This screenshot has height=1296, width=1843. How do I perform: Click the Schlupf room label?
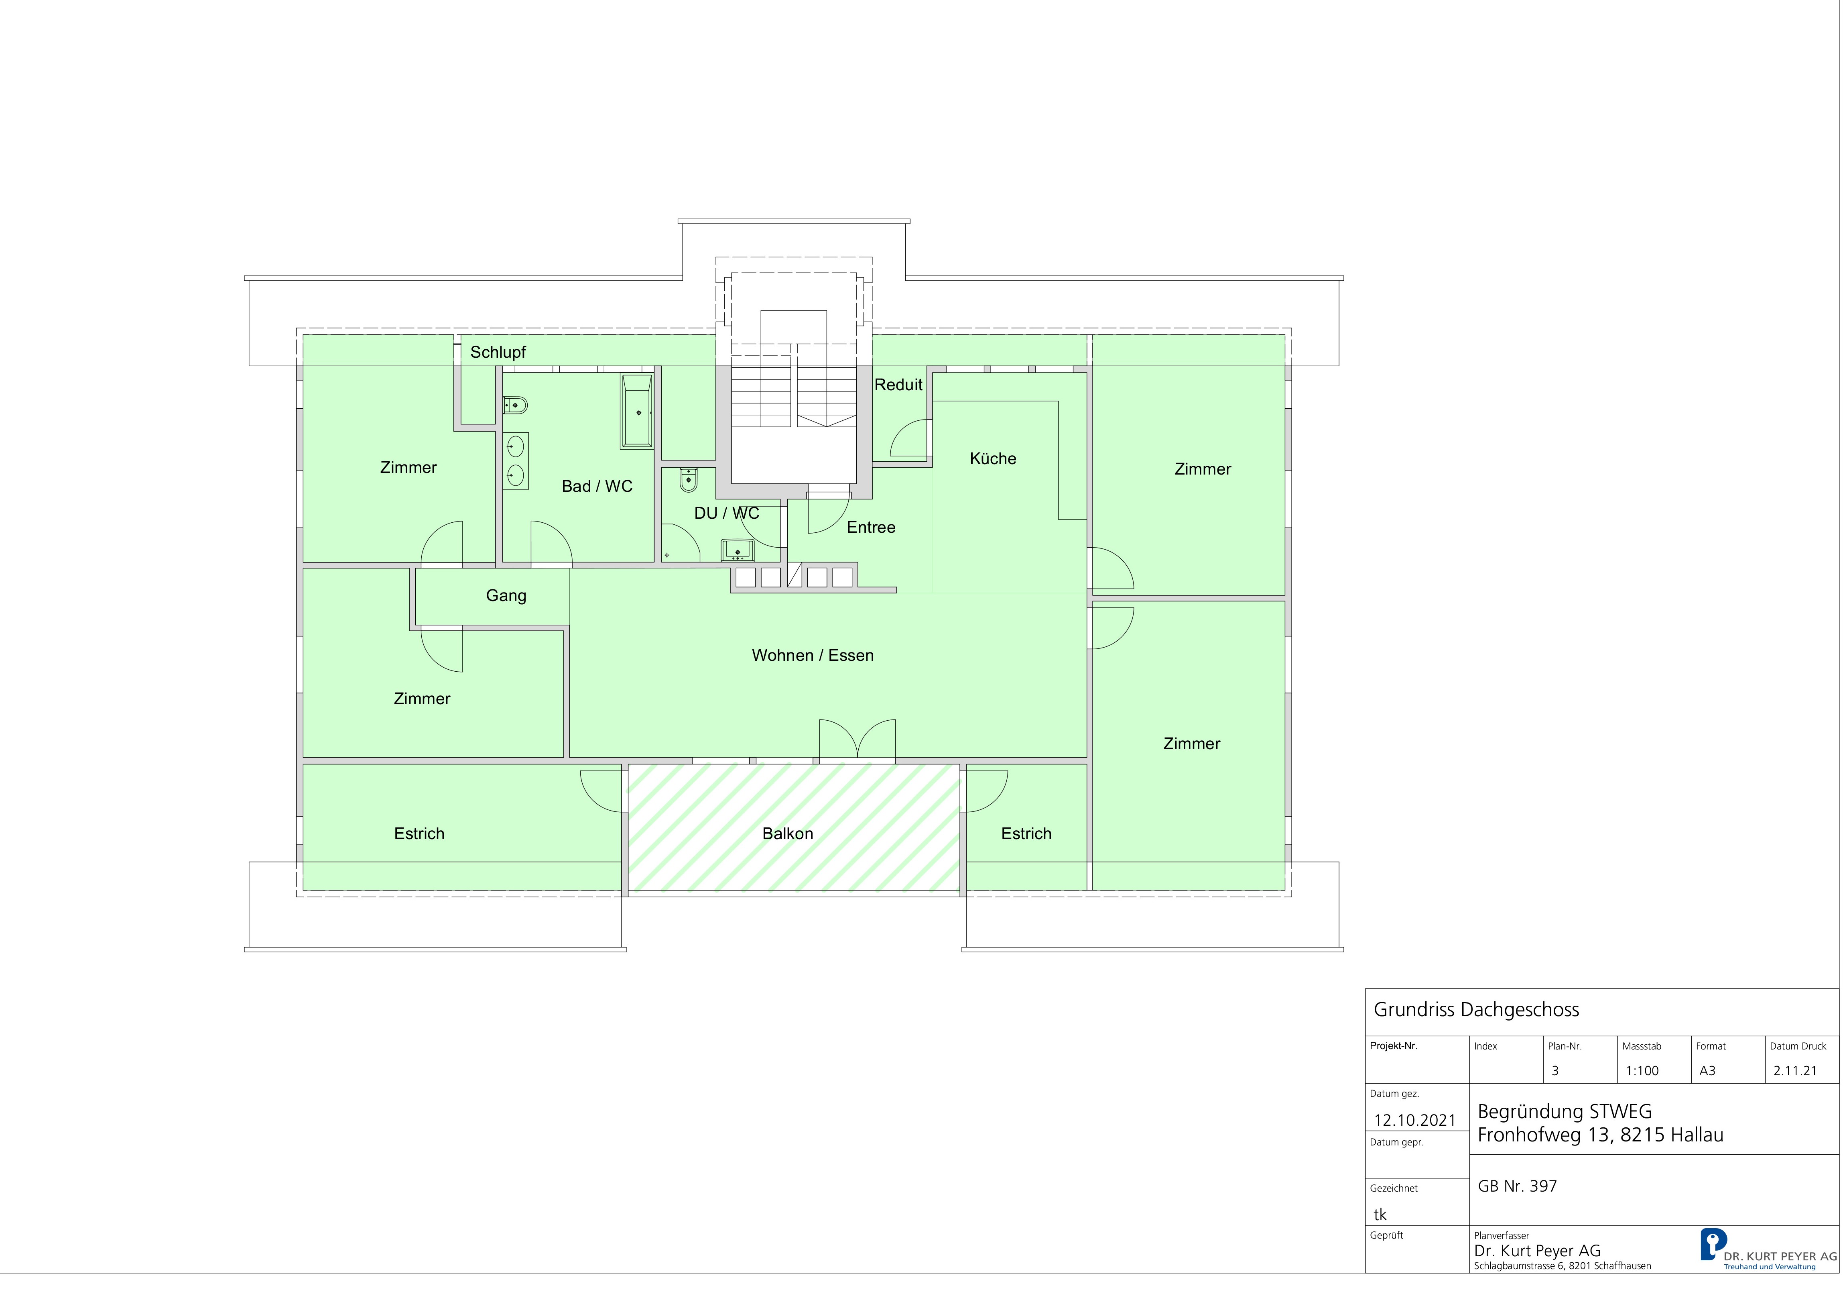pyautogui.click(x=498, y=353)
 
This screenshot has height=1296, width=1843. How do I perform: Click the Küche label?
pyautogui.click(x=993, y=458)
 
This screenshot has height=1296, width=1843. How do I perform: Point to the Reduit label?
pyautogui.click(x=898, y=385)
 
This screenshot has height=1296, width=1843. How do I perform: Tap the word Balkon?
pyautogui.click(x=787, y=833)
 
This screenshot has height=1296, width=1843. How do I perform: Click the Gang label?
pyautogui.click(x=506, y=596)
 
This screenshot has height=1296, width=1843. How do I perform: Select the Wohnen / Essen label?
pyautogui.click(x=812, y=655)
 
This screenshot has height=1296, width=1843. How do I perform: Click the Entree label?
pyautogui.click(x=871, y=528)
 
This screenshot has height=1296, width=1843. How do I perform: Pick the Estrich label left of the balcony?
pyautogui.click(x=419, y=833)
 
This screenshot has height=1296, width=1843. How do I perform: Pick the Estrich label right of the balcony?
pyautogui.click(x=1026, y=833)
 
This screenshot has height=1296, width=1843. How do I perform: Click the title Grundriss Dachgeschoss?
pyautogui.click(x=1476, y=1010)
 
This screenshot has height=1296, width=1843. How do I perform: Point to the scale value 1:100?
pyautogui.click(x=1642, y=1071)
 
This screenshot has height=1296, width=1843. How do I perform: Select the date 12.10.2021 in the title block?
pyautogui.click(x=1414, y=1120)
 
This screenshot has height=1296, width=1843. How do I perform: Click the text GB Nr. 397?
pyautogui.click(x=1517, y=1186)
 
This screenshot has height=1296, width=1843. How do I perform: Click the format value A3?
pyautogui.click(x=1707, y=1071)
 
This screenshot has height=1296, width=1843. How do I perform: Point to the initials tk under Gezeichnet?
pyautogui.click(x=1380, y=1215)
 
